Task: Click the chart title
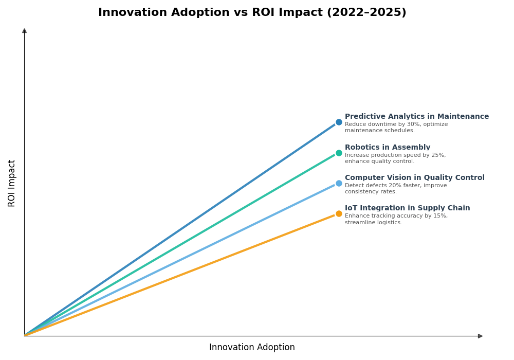coord(252,12)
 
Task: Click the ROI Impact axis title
coord(12,183)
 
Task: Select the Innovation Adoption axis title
coord(252,348)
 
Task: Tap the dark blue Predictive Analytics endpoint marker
coord(339,122)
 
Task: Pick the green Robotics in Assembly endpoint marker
coord(339,153)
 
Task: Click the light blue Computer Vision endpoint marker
coord(339,183)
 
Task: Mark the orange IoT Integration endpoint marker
coord(339,214)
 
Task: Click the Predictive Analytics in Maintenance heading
coord(416,117)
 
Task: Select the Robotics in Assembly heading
coord(387,148)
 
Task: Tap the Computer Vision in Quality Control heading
coord(414,178)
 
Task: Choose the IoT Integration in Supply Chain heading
coord(407,208)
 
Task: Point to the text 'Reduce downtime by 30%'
coord(380,124)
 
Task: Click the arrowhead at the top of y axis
coord(24,31)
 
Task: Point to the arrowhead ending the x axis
coord(480,336)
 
